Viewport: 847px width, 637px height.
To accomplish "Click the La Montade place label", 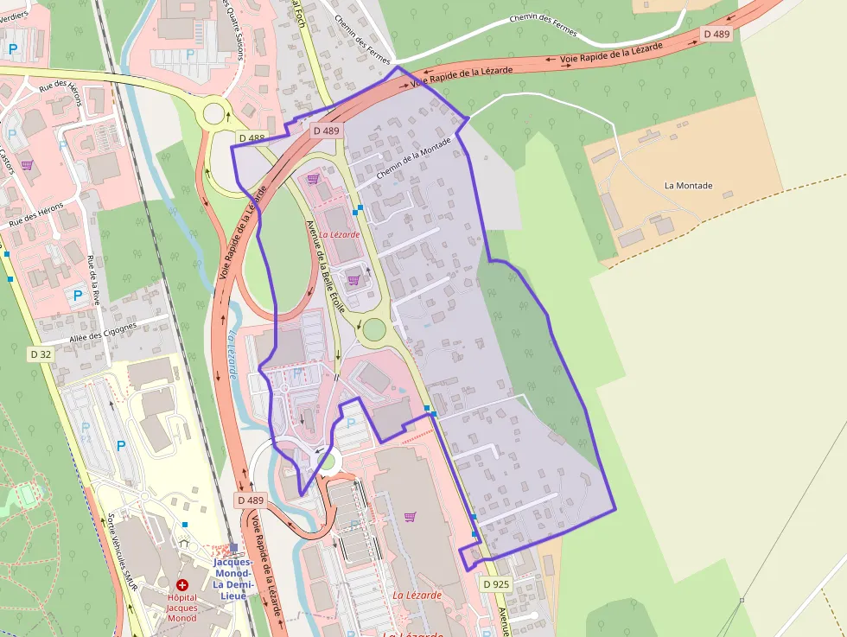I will pos(688,186).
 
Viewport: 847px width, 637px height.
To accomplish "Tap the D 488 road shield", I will pos(252,138).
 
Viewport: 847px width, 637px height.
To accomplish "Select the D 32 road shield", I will pos(41,354).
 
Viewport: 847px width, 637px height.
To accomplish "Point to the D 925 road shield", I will pos(496,584).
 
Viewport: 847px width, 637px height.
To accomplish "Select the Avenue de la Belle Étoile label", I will pos(326,265).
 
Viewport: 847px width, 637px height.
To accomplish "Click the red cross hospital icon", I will pos(182,585).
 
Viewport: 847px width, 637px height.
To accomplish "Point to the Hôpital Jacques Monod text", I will pos(182,607).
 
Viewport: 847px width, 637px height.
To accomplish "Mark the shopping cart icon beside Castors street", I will pos(27,165).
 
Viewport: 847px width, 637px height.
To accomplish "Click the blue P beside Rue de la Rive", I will pos(78,296).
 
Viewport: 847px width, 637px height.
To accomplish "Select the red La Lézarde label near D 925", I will pos(417,595).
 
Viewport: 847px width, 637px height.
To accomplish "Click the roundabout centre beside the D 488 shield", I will pos(213,113).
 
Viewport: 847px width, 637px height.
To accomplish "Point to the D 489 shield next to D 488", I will pos(328,131).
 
